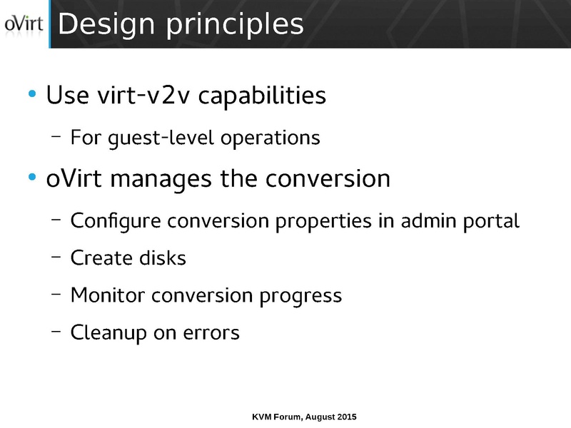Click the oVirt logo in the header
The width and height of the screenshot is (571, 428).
[x=24, y=24]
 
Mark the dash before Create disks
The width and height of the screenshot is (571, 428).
[x=56, y=258]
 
